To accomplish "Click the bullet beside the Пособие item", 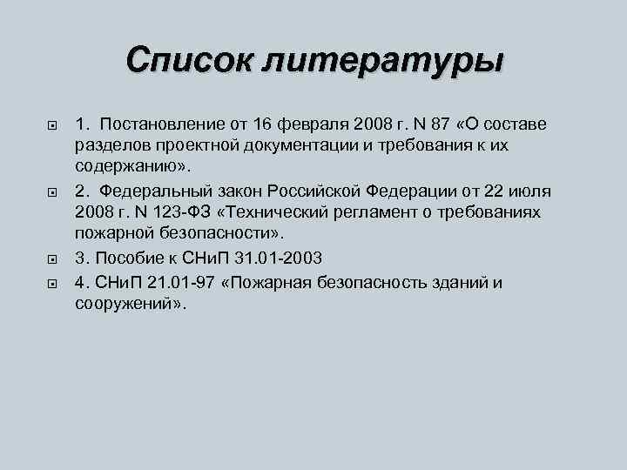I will [x=50, y=259].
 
